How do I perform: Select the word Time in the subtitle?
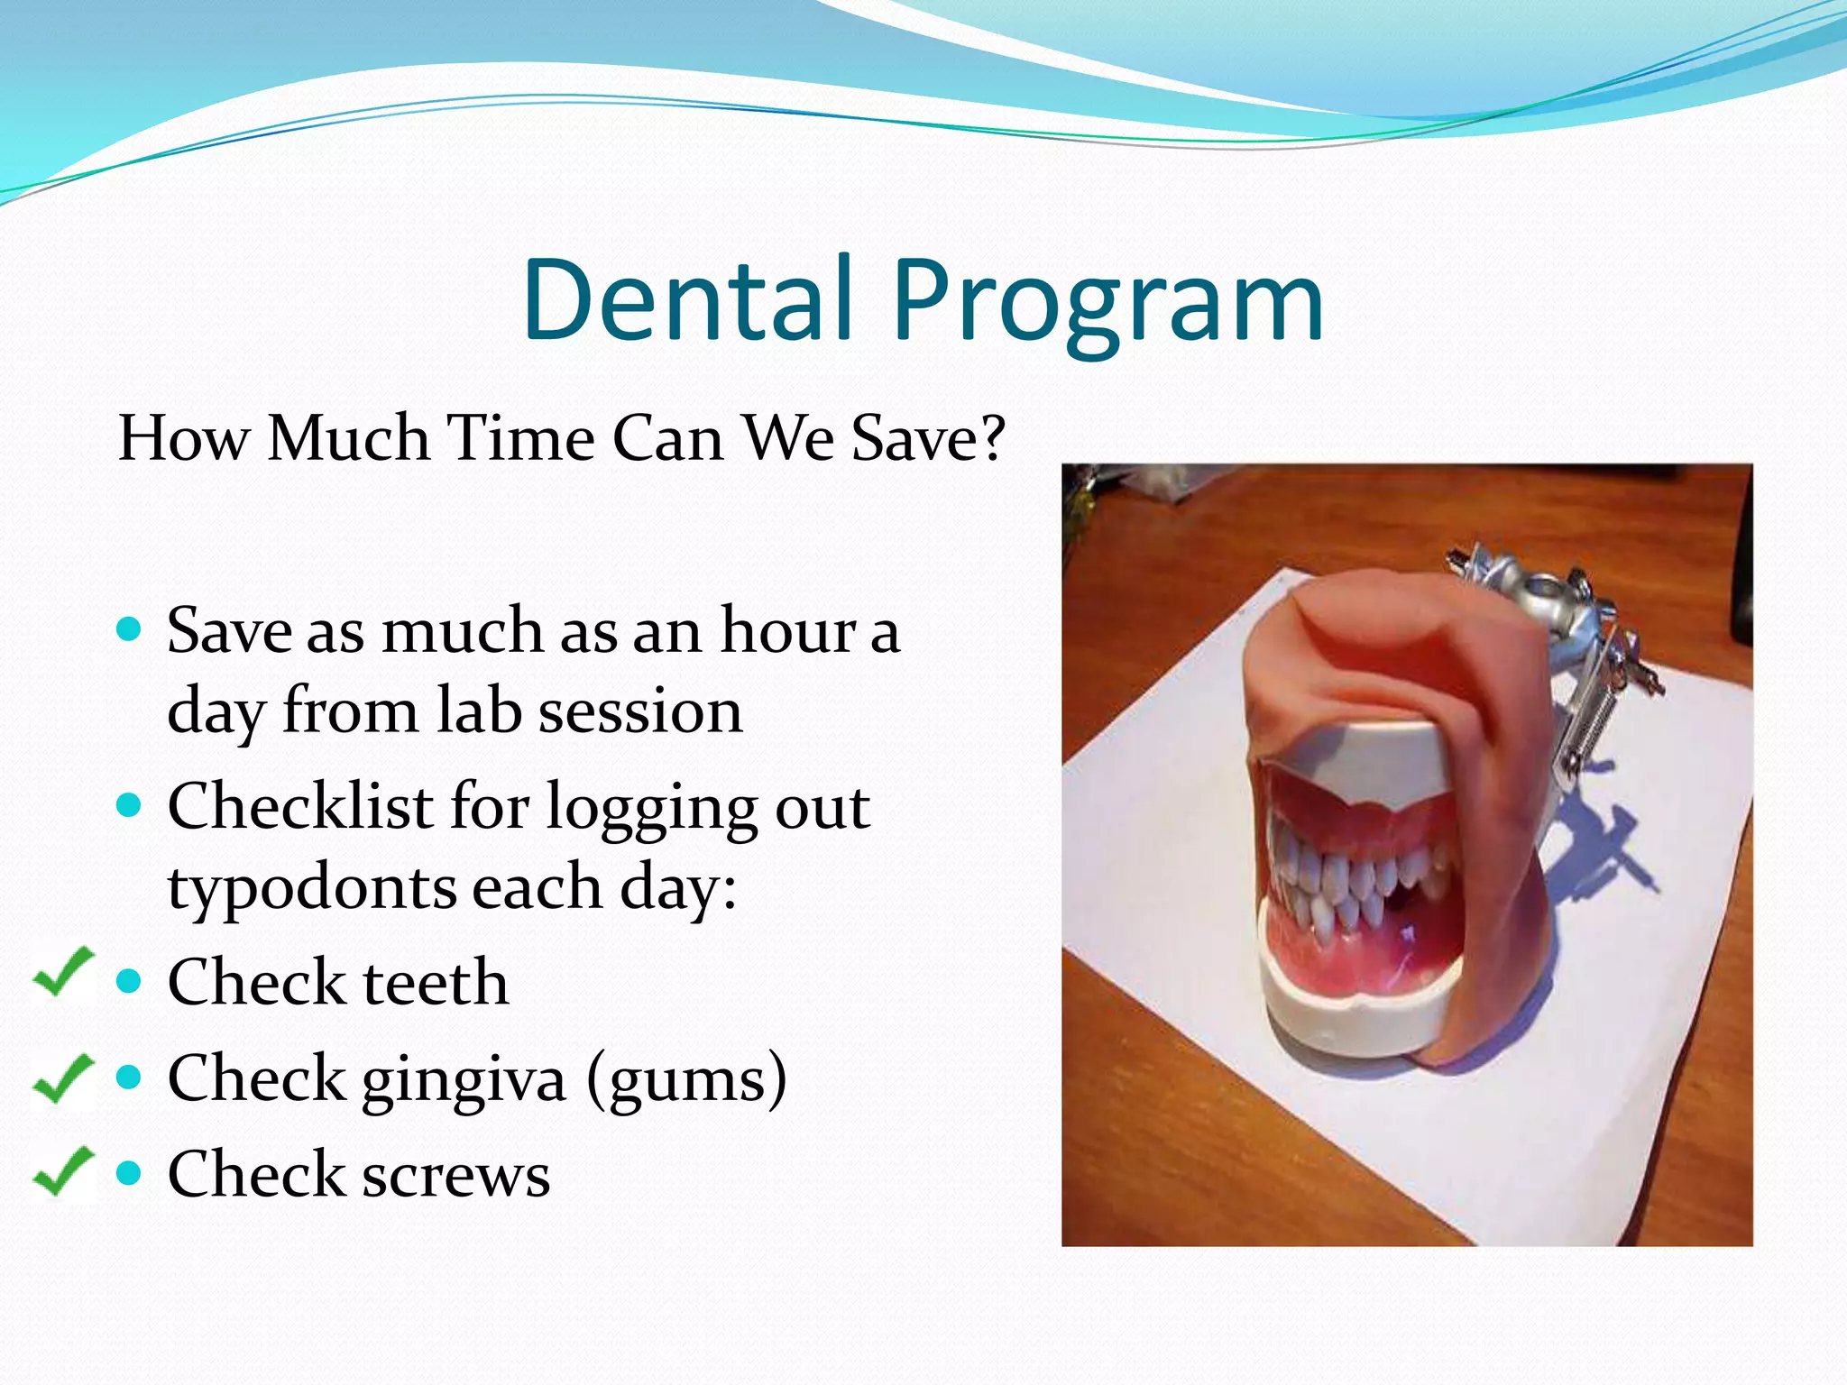520,438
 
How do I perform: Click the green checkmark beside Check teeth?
63,972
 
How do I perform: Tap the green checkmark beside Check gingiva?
63,1077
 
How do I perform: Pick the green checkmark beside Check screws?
63,1170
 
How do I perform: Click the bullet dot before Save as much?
130,628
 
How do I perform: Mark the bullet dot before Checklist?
130,803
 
